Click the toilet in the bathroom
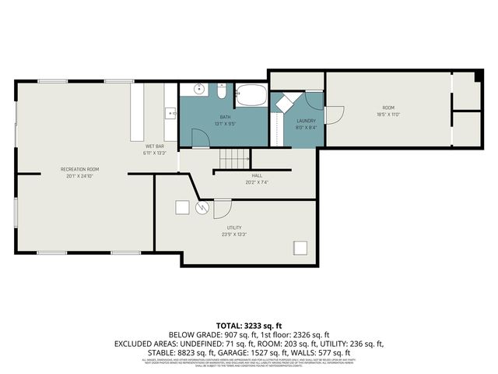pyautogui.click(x=222, y=93)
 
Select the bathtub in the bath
pyautogui.click(x=251, y=96)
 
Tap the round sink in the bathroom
pyautogui.click(x=200, y=90)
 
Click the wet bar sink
pyautogui.click(x=170, y=115)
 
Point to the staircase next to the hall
pyautogui.click(x=232, y=160)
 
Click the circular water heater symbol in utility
pyautogui.click(x=202, y=207)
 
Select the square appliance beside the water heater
pyautogui.click(x=182, y=207)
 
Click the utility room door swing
pyautogui.click(x=221, y=209)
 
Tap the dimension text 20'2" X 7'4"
pyautogui.click(x=257, y=182)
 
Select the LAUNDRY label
pyautogui.click(x=306, y=121)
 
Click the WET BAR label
pyautogui.click(x=154, y=146)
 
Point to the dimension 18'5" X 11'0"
pyautogui.click(x=388, y=115)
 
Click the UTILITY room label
pyautogui.click(x=234, y=228)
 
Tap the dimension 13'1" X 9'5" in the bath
pyautogui.click(x=225, y=123)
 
